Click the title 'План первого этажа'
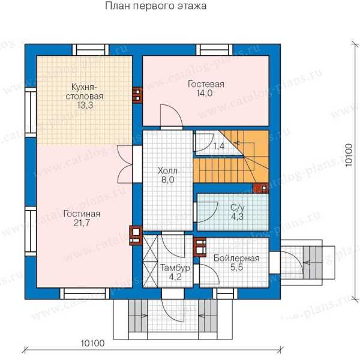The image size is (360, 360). click(x=155, y=6)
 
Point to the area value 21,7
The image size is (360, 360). click(x=82, y=223)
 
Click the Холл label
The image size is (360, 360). click(x=167, y=171)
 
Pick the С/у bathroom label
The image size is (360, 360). click(x=238, y=208)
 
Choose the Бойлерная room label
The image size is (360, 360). click(x=236, y=258)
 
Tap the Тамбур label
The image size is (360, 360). click(x=175, y=268)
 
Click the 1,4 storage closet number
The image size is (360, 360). click(x=219, y=146)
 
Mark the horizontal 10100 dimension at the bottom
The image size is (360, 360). click(x=92, y=343)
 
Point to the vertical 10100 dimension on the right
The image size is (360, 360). click(x=349, y=155)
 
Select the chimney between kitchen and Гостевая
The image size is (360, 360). click(x=137, y=95)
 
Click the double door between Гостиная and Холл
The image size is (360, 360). click(x=125, y=164)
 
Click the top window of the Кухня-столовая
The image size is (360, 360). click(x=91, y=50)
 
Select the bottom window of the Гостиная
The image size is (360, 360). click(x=85, y=293)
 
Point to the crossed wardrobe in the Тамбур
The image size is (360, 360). click(x=151, y=261)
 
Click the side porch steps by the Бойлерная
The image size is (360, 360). click(x=313, y=262)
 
